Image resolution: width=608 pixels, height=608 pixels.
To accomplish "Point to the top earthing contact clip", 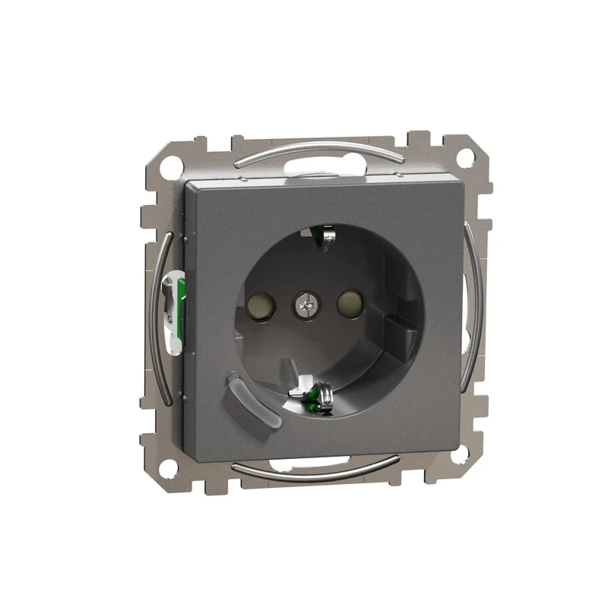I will coord(325,237).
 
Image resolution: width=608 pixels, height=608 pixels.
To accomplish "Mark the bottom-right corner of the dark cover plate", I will coord(458,437).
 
